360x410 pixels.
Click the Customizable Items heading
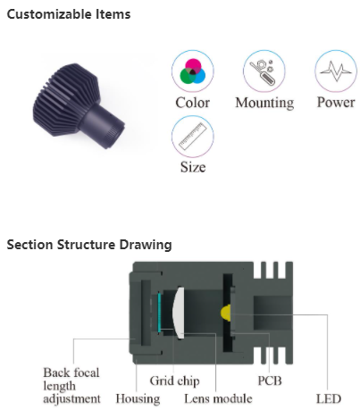pos(69,14)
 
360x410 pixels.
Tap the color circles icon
pos(193,71)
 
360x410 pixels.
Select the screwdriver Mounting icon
pos(264,71)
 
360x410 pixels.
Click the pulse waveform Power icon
pos(336,71)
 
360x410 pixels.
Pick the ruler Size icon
pos(193,137)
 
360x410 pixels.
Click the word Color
pos(193,103)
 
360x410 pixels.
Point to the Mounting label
pos(264,104)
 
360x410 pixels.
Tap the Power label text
pos(336,103)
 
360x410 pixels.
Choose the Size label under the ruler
pos(193,167)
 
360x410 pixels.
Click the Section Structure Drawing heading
pos(89,245)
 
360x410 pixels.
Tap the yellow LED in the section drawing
pos(225,313)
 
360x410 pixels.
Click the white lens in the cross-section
pos(179,313)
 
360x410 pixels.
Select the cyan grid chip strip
pos(159,313)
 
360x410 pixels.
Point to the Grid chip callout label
pos(174,381)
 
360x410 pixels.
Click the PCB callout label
pos(270,381)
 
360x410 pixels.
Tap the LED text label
pos(329,399)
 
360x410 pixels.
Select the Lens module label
pos(218,399)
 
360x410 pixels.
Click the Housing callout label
pos(138,399)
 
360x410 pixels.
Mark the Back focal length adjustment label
pos(71,386)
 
